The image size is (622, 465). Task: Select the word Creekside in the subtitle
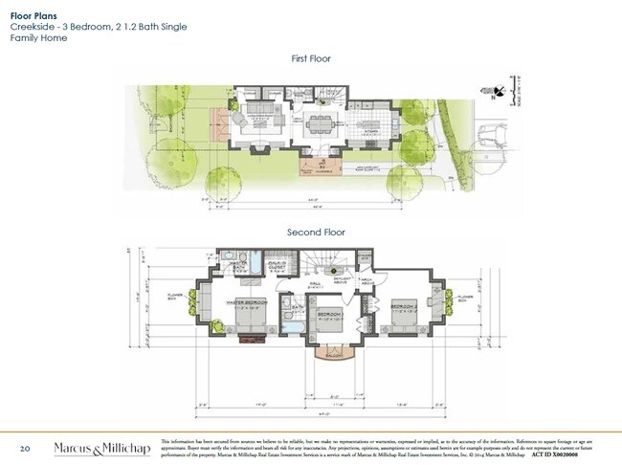click(31, 27)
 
